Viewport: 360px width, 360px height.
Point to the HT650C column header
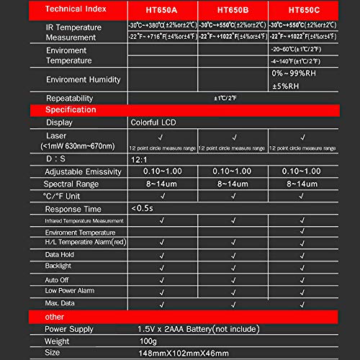pyautogui.click(x=303, y=9)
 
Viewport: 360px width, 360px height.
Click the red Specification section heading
pyautogui.click(x=71, y=109)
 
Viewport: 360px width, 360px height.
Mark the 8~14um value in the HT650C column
pyautogui.click(x=302, y=184)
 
